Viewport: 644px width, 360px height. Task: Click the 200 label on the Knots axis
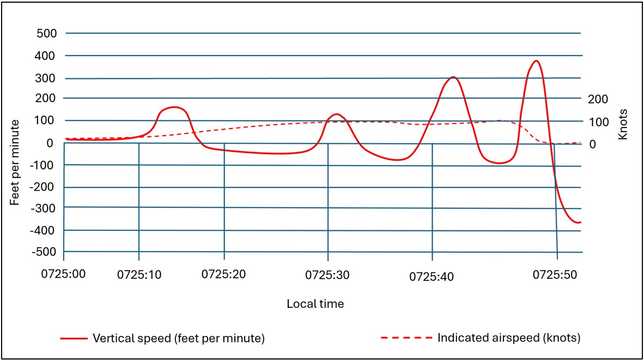[x=598, y=99]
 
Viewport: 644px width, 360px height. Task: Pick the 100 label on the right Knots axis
[x=598, y=121]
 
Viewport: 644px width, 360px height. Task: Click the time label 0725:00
[x=64, y=275]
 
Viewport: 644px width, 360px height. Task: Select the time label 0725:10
[x=139, y=275]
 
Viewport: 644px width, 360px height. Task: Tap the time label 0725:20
[x=223, y=275]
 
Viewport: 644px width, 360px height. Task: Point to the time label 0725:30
[x=328, y=275]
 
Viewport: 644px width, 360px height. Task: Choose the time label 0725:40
[x=432, y=276]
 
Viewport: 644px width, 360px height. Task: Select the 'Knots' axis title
[x=623, y=124]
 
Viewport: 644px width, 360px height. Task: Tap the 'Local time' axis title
[x=315, y=304]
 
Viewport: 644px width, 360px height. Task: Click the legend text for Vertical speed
[x=179, y=338]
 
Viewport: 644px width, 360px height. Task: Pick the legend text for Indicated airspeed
[x=509, y=338]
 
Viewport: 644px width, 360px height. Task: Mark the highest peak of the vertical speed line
[x=537, y=60]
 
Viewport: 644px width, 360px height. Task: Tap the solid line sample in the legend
[x=73, y=338]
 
